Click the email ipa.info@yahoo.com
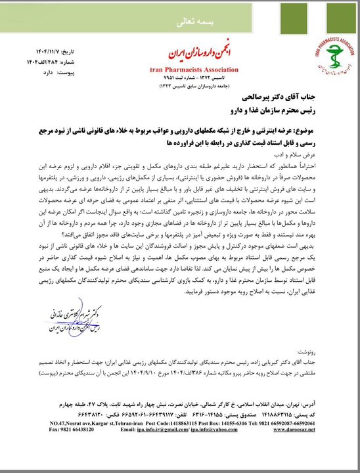coord(200,452)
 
